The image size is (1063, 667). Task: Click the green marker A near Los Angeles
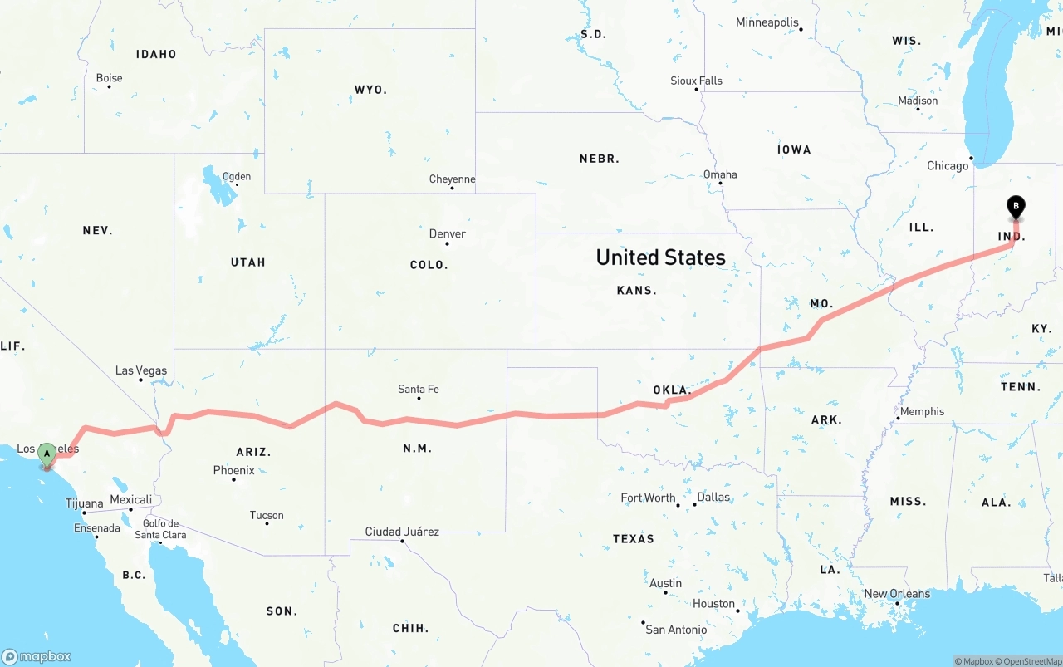point(47,454)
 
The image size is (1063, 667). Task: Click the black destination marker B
point(1015,207)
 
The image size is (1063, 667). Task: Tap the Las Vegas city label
point(141,370)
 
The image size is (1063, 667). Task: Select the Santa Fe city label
point(419,389)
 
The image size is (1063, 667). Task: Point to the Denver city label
point(447,233)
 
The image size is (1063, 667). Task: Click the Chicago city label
point(948,165)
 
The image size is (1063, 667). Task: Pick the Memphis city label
point(922,411)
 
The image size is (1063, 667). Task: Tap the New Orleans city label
point(897,594)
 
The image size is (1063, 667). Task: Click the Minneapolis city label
point(767,22)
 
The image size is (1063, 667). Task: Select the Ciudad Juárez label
point(402,532)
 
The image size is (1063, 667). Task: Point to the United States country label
point(661,257)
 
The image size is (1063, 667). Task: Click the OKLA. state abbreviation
point(672,390)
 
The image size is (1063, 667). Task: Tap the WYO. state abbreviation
point(370,90)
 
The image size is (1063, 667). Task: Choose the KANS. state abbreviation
point(637,291)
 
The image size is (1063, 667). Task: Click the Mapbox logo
point(37,656)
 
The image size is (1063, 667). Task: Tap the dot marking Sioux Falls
point(697,90)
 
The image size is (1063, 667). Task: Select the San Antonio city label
point(677,630)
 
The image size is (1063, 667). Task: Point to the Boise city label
point(109,78)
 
